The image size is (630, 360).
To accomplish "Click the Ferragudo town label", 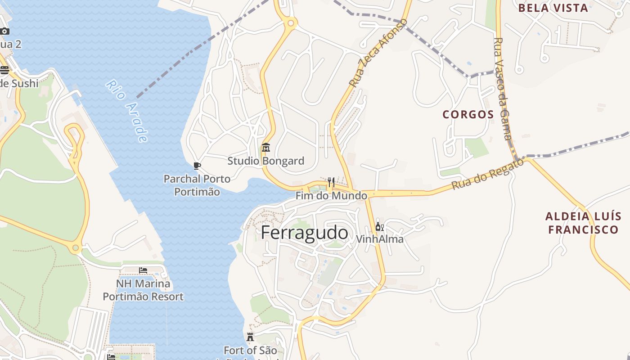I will [304, 233].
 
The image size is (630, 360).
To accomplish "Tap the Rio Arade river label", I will [127, 111].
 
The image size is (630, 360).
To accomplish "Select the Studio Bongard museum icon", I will [266, 148].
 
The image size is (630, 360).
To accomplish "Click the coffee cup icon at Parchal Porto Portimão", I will [197, 166].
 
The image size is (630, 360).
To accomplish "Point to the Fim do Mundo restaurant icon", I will [331, 182].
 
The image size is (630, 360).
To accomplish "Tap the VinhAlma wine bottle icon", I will [379, 227].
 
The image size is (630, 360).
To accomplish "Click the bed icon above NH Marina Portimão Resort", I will [143, 270].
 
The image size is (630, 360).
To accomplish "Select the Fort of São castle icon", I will [250, 337].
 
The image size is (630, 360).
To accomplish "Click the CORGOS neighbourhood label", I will [468, 114].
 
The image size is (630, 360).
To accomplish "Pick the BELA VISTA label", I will [553, 8].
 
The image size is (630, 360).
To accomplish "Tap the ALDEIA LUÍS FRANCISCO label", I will [582, 223].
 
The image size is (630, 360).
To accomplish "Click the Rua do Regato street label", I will [488, 174].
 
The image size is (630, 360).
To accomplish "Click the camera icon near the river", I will [4, 31].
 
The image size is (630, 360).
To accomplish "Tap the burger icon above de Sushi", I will [4, 70].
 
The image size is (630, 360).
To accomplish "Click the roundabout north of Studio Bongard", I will [291, 22].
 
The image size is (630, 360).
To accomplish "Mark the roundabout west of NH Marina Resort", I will [76, 247].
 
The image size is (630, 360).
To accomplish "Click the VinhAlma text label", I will [380, 239].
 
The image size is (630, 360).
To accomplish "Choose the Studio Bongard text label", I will [265, 161].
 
